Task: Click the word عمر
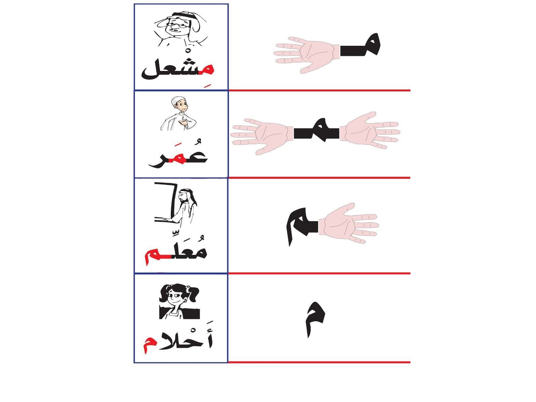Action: point(178,157)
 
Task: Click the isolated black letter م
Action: point(315,320)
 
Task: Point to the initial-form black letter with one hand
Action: point(360,46)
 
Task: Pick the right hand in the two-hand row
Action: point(370,130)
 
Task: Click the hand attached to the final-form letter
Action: point(348,223)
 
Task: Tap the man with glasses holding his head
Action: point(180,29)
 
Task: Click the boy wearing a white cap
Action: point(178,113)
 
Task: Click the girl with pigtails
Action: point(179,301)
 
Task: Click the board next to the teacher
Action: point(166,202)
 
